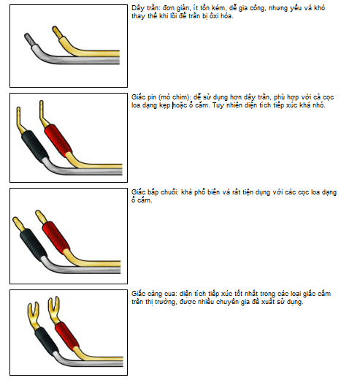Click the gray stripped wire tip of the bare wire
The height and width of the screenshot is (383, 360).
(x=30, y=39)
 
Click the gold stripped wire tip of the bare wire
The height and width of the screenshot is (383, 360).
(x=58, y=32)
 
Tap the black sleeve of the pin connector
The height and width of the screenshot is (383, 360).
(x=35, y=147)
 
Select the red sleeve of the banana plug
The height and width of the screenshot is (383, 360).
(x=56, y=237)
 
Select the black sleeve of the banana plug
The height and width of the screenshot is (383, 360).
(x=34, y=244)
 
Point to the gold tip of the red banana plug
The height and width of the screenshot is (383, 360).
(x=41, y=216)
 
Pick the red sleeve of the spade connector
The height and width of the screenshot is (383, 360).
(x=66, y=337)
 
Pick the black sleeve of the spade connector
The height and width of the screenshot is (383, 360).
(x=47, y=342)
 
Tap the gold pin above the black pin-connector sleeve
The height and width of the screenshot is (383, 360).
(x=20, y=120)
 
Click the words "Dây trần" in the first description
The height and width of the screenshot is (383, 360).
(x=145, y=8)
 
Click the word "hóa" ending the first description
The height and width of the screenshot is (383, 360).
(x=227, y=16)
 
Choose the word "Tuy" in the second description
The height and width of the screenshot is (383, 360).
(x=217, y=105)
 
